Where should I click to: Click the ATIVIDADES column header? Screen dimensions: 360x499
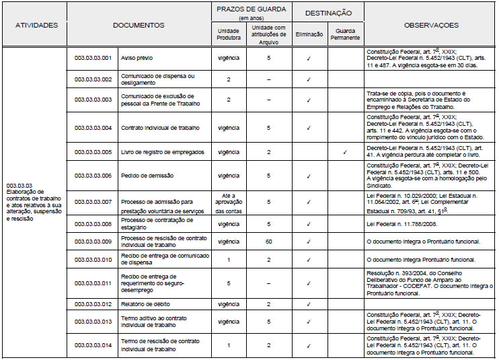(36, 26)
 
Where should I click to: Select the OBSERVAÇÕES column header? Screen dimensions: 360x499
(431, 26)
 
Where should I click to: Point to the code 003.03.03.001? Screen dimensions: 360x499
(93, 58)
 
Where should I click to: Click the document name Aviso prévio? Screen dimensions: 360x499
(137, 58)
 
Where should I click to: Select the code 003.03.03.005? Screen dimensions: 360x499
(93, 153)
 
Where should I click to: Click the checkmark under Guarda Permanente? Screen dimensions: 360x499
(344, 153)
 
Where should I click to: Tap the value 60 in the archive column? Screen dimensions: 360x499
(268, 241)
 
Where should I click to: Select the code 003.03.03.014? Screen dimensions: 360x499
(93, 346)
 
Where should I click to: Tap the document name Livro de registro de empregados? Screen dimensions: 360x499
(162, 153)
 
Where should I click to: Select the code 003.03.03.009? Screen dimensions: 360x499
(93, 241)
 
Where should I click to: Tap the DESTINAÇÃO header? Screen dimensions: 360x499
(326, 13)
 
